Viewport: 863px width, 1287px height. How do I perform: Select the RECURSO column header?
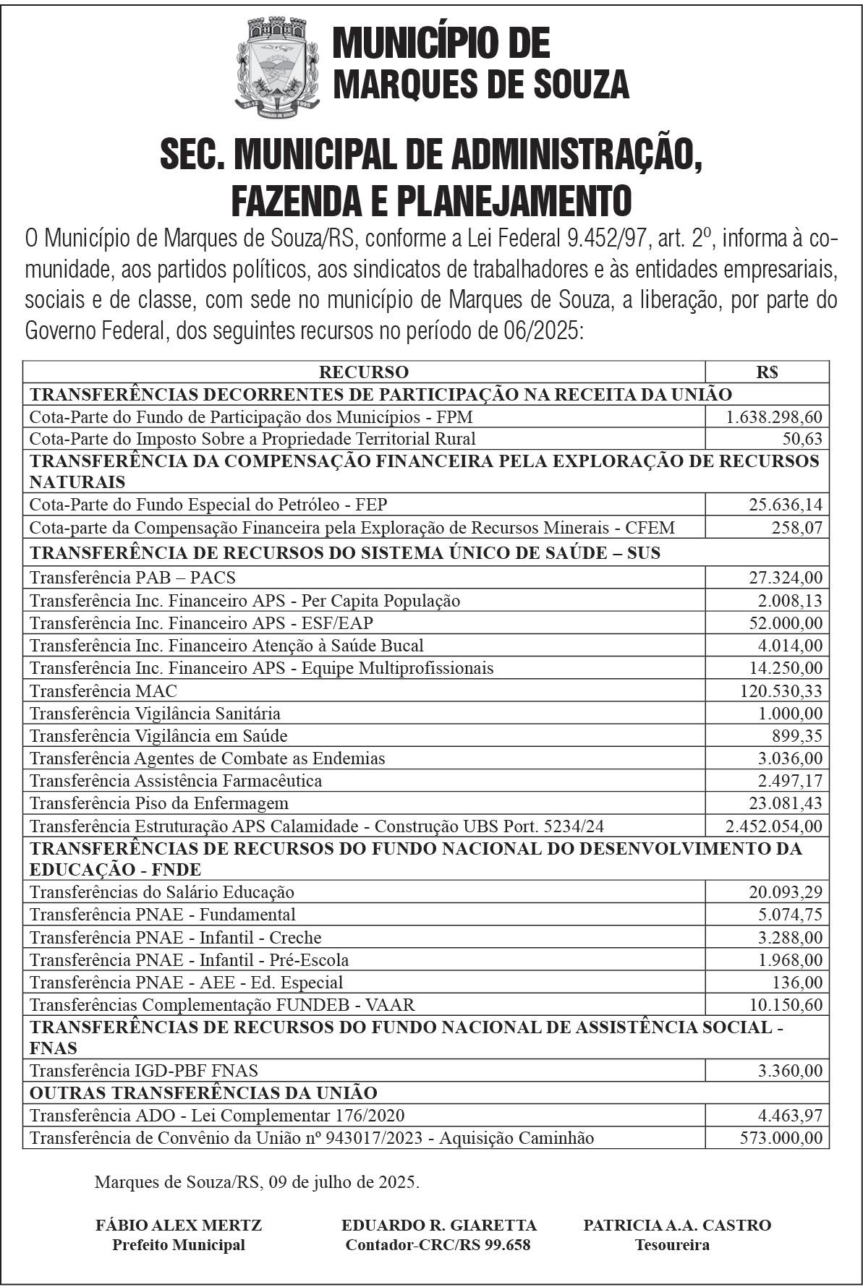tap(364, 372)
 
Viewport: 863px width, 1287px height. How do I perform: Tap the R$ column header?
tap(767, 372)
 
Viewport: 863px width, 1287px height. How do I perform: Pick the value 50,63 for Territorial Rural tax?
tap(802, 439)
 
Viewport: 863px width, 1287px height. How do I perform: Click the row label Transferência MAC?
tap(103, 690)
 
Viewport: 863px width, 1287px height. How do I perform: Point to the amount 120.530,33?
tap(781, 690)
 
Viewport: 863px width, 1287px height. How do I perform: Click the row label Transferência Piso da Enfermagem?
tap(159, 803)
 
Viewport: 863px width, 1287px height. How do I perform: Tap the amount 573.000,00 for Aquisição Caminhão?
tap(781, 1137)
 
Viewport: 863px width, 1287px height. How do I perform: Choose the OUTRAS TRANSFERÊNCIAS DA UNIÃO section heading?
tap(203, 1092)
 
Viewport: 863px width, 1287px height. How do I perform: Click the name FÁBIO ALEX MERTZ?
tap(179, 1225)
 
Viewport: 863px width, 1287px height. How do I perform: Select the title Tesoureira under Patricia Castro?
tap(672, 1244)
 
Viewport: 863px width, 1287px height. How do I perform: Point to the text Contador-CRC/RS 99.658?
tap(438, 1244)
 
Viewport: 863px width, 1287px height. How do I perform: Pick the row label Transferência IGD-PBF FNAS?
tap(144, 1070)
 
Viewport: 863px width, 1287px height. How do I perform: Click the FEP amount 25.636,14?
tap(785, 504)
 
